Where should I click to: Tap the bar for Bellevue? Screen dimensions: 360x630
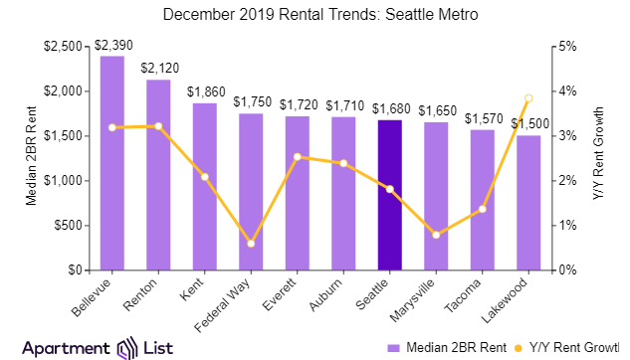point(112,163)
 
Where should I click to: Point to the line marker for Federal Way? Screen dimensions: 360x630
point(251,244)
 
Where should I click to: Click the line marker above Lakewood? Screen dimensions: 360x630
point(528,98)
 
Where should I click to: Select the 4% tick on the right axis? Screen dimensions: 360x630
point(563,91)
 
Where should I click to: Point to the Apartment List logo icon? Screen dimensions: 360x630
point(126,347)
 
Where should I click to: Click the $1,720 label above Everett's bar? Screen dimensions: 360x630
point(298,104)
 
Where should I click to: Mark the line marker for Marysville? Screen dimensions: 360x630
point(436,235)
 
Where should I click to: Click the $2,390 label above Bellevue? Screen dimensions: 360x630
point(112,46)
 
